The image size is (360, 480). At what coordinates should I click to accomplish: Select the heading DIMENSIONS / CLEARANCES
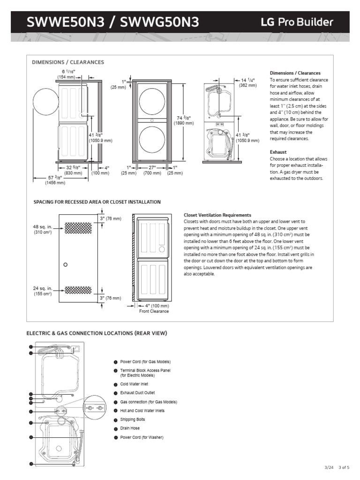pyautogui.click(x=67, y=62)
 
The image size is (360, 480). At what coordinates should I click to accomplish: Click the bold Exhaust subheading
pyautogui.click(x=278, y=152)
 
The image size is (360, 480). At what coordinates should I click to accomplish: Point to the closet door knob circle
pyautogui.click(x=65, y=265)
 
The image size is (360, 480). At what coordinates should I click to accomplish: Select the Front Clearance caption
pyautogui.click(x=154, y=311)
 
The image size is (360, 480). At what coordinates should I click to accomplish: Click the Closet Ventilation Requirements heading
pyautogui.click(x=217, y=215)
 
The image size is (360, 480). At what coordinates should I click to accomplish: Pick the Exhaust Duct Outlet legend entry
pyautogui.click(x=137, y=393)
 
